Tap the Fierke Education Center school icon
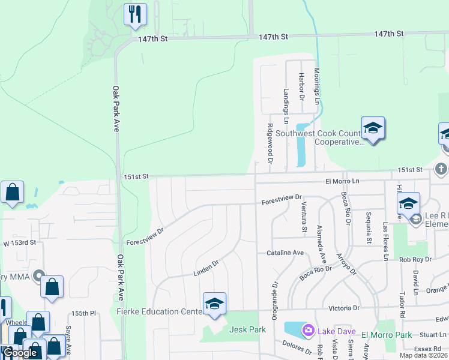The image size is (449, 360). pos(214,303)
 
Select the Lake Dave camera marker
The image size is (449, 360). pos(308,330)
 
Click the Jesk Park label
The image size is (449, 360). pos(247,329)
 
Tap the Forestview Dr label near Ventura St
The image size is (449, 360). pos(281,200)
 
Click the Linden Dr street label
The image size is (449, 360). pos(206,268)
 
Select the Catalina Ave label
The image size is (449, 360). pos(285,253)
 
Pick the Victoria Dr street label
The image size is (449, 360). pos(344,308)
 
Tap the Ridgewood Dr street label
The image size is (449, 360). pos(270,144)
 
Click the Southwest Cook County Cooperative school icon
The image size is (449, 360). pos(373,128)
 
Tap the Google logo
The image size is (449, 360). pos(20,353)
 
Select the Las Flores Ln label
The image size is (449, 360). pos(385,241)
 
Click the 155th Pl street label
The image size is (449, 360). pos(84,313)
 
